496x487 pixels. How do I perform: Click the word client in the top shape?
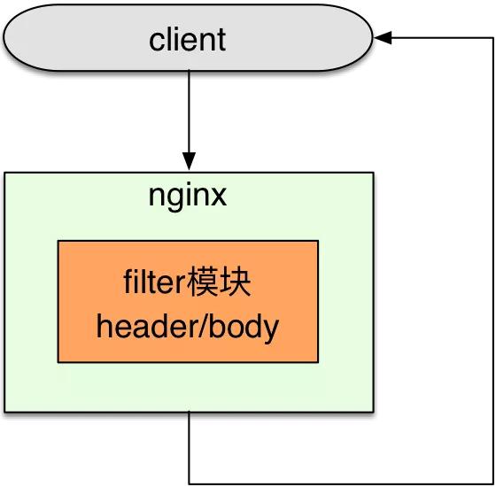coord(188,40)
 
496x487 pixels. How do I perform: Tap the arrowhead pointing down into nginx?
coord(189,164)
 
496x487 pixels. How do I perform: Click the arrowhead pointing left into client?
coord(382,38)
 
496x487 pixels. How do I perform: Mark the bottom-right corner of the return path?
coord(489,483)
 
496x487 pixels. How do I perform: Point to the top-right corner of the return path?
coord(489,38)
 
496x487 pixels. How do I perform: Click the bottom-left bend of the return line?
coord(190,483)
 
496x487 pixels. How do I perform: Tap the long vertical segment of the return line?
coord(489,266)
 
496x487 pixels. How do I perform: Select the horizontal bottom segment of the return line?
coord(337,483)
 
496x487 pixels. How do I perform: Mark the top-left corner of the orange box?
coord(58,241)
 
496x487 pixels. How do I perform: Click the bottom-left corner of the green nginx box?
coord(5,411)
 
